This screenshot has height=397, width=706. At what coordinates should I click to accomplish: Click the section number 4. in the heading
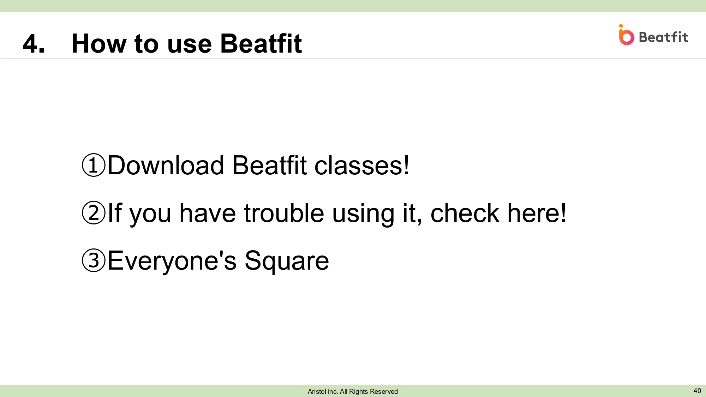(x=34, y=44)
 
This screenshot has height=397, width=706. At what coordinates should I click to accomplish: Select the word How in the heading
(x=99, y=44)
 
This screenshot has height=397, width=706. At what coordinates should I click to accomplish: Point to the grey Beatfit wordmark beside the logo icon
(x=663, y=37)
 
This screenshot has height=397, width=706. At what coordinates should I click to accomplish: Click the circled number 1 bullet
(x=94, y=165)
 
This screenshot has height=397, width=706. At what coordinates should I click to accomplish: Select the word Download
(x=166, y=165)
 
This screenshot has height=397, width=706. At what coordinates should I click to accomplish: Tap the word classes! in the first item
(x=362, y=165)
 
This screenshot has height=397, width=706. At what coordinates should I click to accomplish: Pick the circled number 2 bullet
(x=94, y=212)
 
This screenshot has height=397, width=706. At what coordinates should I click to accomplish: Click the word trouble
(x=284, y=213)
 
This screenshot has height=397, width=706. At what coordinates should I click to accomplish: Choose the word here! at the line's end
(x=537, y=213)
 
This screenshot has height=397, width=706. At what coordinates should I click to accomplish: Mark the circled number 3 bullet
(x=94, y=260)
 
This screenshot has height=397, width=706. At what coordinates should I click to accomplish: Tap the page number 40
(x=697, y=391)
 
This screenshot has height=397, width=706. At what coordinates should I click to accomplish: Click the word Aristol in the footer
(x=317, y=391)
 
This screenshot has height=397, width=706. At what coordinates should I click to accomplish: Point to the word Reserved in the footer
(x=384, y=391)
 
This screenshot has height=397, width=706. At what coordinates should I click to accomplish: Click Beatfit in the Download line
(x=269, y=165)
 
